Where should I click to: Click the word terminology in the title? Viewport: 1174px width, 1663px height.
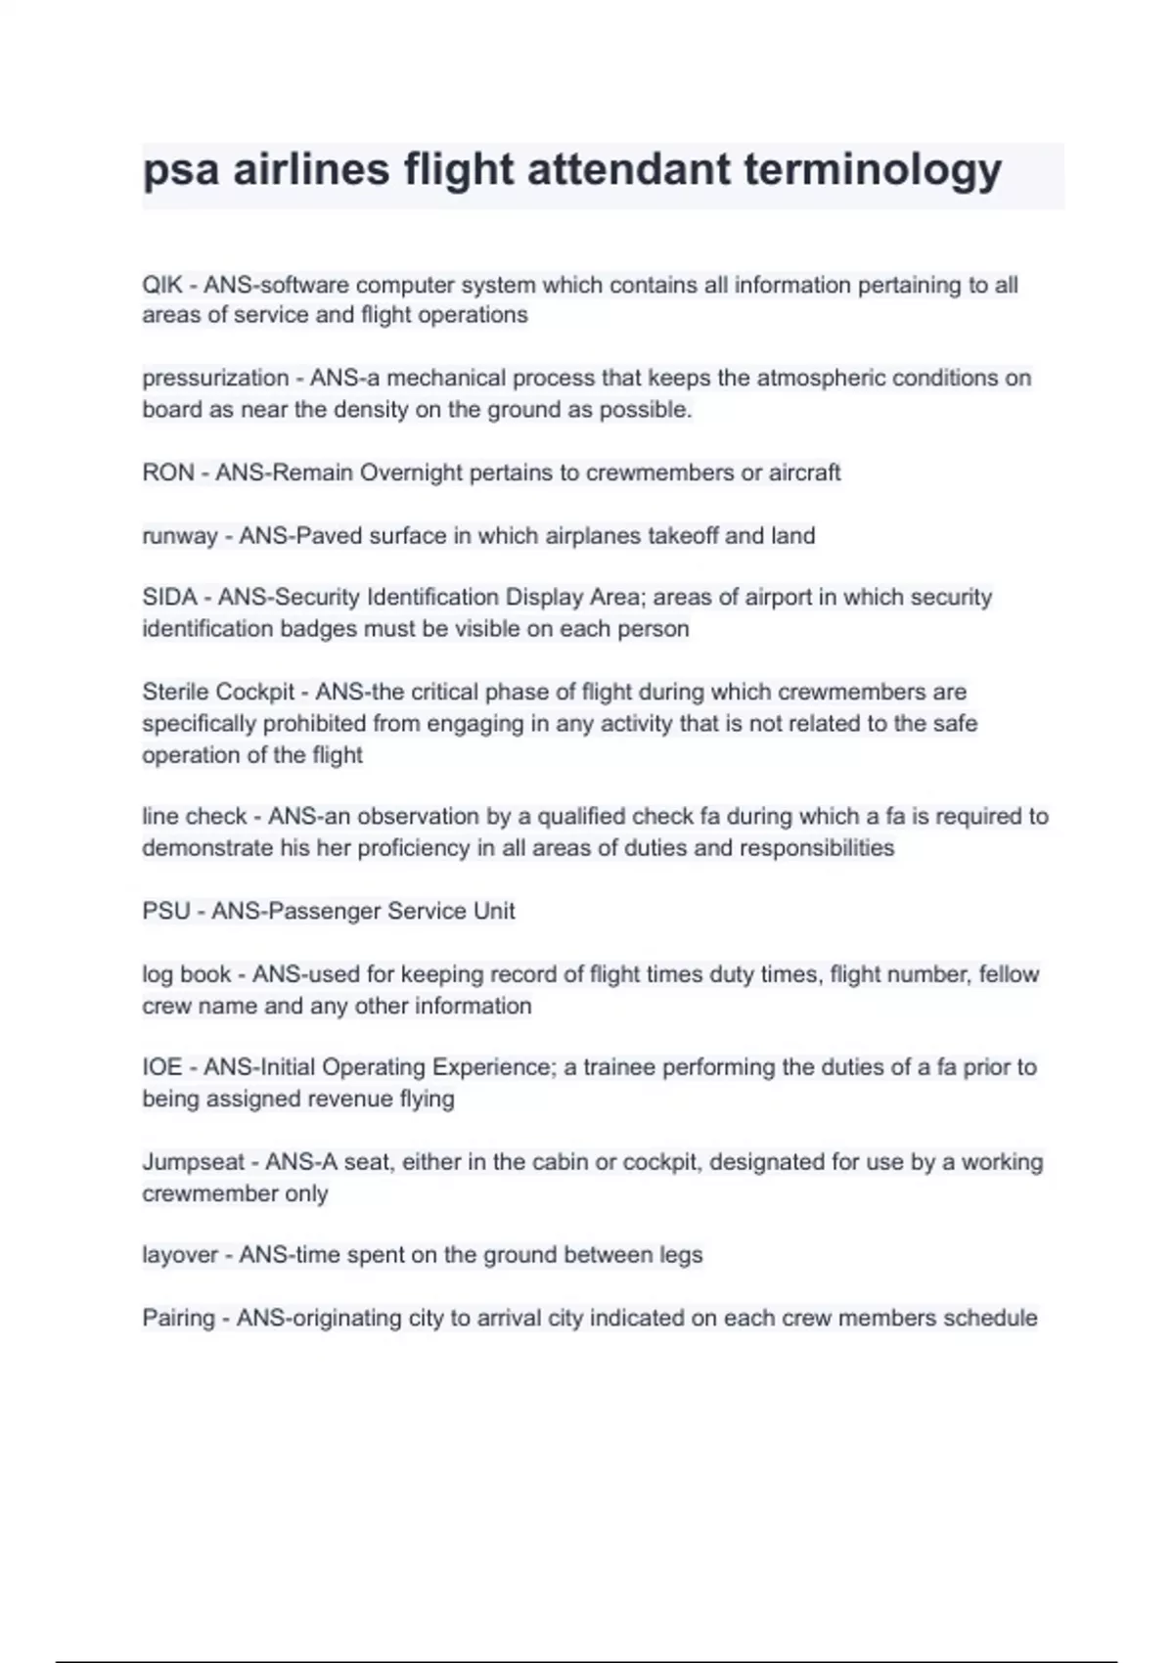click(x=873, y=170)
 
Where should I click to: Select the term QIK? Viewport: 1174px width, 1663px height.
click(x=161, y=285)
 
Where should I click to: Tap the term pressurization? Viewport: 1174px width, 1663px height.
click(x=215, y=379)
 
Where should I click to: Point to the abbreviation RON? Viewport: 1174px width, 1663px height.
click(x=167, y=472)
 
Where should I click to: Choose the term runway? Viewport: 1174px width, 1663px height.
click(x=179, y=536)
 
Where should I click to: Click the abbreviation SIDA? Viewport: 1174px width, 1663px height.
click(x=169, y=597)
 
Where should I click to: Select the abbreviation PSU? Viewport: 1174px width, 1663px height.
click(x=166, y=911)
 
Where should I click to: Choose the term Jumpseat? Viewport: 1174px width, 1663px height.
click(x=194, y=1162)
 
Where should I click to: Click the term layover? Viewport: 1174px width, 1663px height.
click(x=180, y=1255)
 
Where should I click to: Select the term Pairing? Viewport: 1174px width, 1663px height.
click(x=178, y=1318)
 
